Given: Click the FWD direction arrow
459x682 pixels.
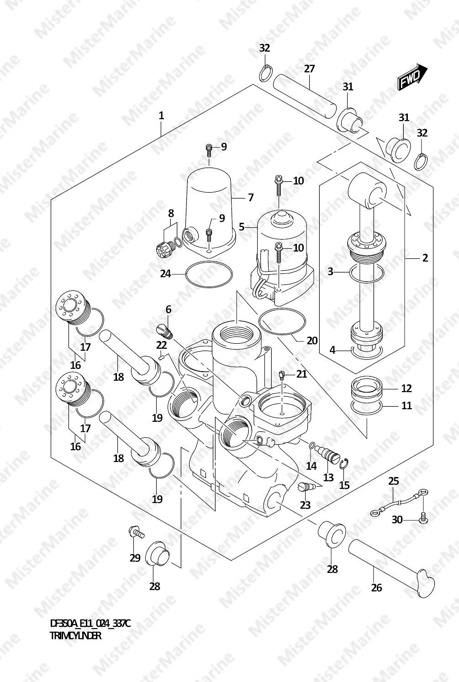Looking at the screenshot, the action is [x=412, y=77].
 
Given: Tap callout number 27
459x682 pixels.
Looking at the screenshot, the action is [x=309, y=69].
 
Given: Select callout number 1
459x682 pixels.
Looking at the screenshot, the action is [x=161, y=115].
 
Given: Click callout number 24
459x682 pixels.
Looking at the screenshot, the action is [x=165, y=274].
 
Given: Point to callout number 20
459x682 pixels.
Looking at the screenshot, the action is [x=312, y=341].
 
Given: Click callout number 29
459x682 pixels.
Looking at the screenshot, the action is [x=135, y=558].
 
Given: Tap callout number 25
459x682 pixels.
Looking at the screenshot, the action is [x=394, y=481].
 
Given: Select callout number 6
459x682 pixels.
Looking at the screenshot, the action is [x=169, y=310].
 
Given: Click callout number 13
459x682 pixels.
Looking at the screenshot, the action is [x=328, y=477].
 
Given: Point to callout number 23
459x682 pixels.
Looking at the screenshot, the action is [x=305, y=505].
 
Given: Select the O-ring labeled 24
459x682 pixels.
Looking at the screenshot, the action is [x=209, y=274].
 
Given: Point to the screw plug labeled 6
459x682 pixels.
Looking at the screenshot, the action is [x=165, y=331].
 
